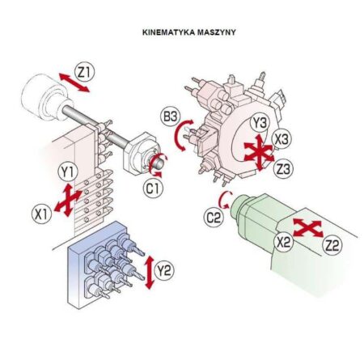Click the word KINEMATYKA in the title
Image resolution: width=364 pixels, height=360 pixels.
click(168, 32)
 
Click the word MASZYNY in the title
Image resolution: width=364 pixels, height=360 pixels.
click(217, 32)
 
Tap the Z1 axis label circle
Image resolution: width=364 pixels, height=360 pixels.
click(85, 72)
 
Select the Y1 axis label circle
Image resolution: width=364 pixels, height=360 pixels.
click(68, 172)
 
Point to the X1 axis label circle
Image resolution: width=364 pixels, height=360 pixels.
click(41, 214)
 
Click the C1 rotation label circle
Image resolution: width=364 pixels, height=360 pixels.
click(153, 188)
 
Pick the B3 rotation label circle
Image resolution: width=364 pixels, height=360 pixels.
click(171, 116)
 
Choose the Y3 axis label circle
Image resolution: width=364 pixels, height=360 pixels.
click(260, 123)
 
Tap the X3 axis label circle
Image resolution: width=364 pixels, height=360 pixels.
click(281, 139)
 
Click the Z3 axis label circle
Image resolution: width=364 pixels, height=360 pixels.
click(283, 169)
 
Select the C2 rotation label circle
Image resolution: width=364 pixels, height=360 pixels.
click(214, 218)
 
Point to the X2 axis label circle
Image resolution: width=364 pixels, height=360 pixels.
click(283, 242)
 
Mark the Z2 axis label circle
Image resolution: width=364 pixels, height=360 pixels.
click(332, 245)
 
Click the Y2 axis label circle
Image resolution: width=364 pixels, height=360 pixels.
click(164, 270)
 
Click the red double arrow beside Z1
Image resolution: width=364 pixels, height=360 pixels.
click(74, 83)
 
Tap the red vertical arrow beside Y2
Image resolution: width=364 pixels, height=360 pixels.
click(149, 273)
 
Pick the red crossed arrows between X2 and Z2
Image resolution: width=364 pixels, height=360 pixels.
click(307, 228)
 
